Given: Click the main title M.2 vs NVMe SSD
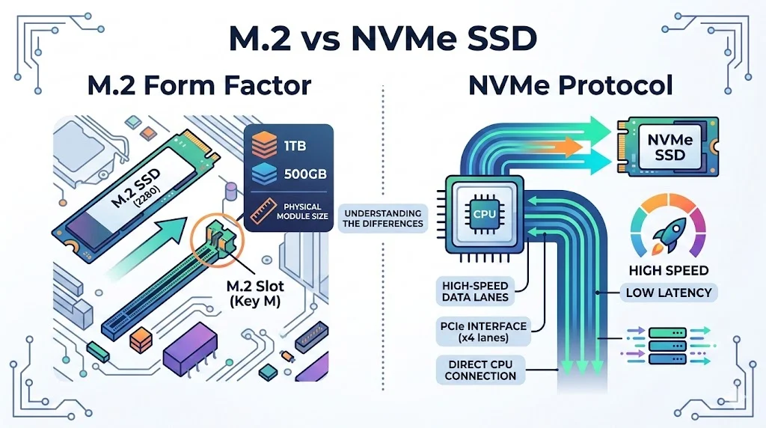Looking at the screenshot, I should pyautogui.click(x=382, y=38).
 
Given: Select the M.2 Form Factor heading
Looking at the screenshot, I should pyautogui.click(x=199, y=85).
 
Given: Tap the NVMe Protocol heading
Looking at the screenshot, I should pyautogui.click(x=570, y=85).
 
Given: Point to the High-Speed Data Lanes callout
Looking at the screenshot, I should pyautogui.click(x=476, y=292).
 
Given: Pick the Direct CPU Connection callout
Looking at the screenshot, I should pyautogui.click(x=476, y=370).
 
